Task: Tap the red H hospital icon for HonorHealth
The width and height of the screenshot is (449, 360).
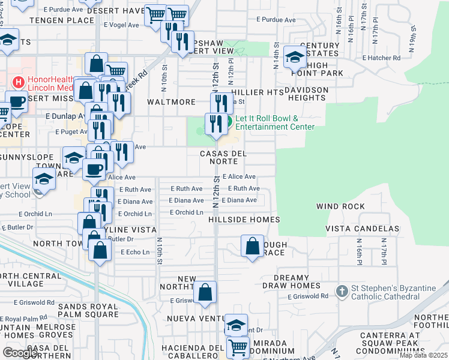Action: (18, 82)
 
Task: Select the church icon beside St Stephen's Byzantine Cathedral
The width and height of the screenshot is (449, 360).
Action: (342, 291)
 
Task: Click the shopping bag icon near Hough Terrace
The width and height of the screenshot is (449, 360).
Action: (253, 245)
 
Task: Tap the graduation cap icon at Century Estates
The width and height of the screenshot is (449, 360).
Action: (294, 56)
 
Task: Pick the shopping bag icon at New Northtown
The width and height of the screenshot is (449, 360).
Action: (205, 293)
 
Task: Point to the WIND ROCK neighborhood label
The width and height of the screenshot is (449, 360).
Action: (340, 206)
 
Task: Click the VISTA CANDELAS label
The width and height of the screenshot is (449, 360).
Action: (362, 229)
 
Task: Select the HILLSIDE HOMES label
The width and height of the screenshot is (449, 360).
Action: (244, 220)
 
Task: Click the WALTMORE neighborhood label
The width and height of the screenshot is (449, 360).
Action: (172, 103)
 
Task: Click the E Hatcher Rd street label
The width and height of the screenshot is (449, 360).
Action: (381, 58)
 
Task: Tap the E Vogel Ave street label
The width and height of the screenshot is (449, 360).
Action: (125, 25)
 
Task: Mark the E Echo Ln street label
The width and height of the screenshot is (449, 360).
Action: (134, 253)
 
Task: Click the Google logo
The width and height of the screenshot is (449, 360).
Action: (20, 353)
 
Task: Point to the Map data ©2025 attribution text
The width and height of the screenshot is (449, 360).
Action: (424, 356)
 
